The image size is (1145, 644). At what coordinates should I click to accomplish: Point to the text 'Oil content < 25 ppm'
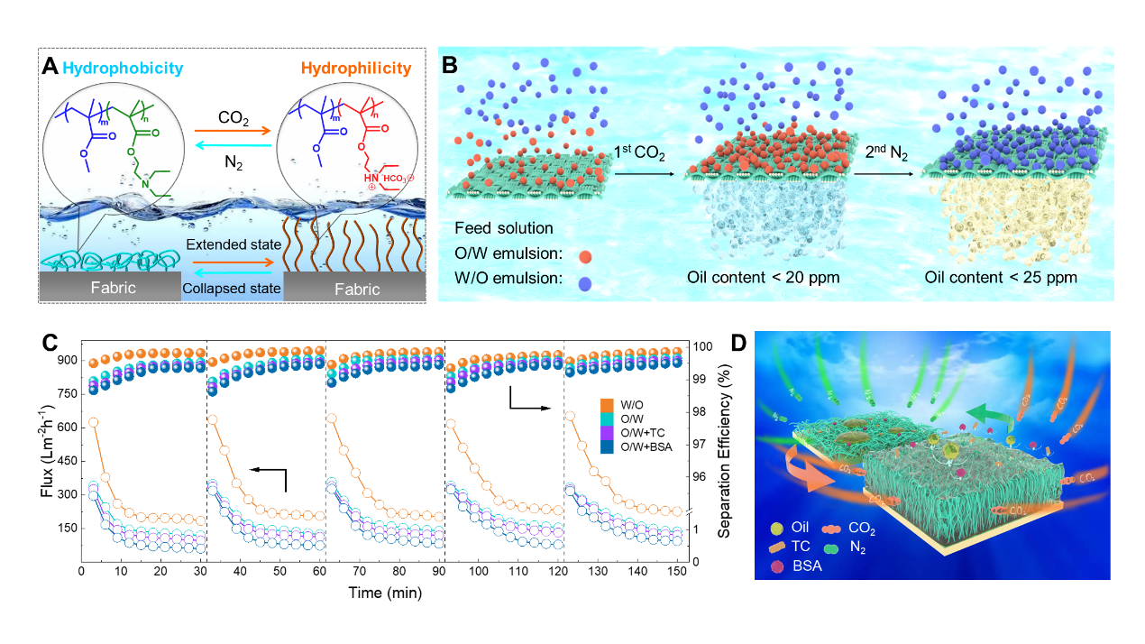tap(1001, 277)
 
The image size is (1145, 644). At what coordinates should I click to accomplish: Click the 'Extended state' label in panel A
tap(234, 245)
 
